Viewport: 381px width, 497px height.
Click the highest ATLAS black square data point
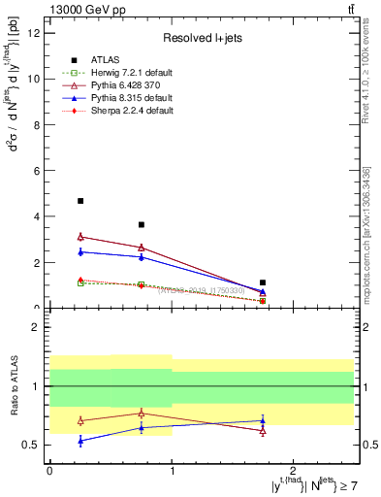coord(80,201)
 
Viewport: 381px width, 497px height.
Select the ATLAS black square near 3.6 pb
coord(142,224)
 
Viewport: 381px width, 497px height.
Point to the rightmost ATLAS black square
coord(263,282)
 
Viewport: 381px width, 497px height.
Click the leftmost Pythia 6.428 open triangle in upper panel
coord(80,236)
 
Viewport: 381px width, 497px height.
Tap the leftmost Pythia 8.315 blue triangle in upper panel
coord(80,251)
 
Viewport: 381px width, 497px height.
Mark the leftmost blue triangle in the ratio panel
coord(80,441)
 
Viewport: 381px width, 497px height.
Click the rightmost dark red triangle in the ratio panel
coord(263,431)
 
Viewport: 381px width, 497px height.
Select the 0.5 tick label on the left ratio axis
coord(34,445)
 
